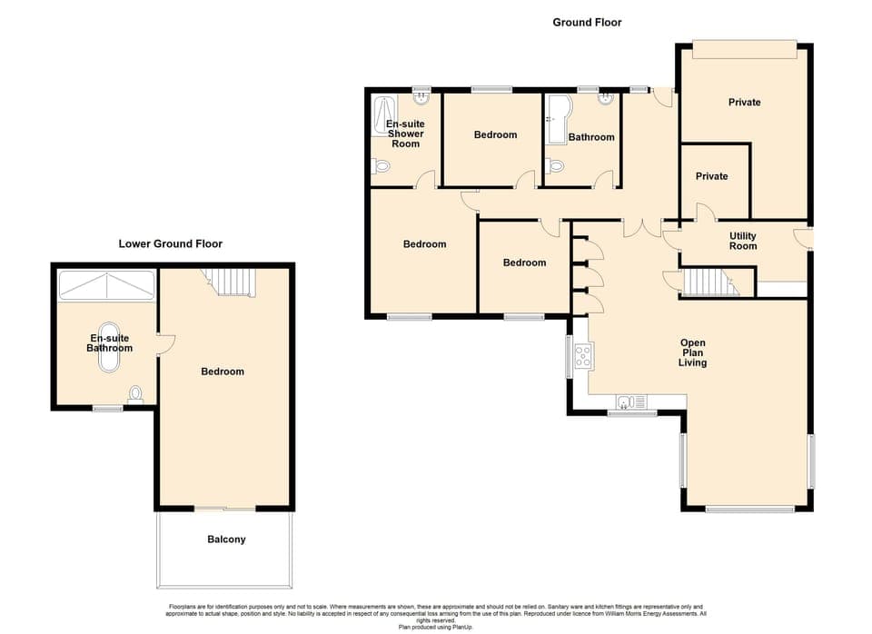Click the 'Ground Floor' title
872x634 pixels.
(587, 22)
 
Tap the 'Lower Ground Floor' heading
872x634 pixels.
(171, 243)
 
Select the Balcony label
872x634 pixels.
(226, 540)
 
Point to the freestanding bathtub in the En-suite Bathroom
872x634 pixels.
(110, 348)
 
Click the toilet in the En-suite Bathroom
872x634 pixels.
(136, 394)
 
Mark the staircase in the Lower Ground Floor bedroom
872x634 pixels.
(231, 282)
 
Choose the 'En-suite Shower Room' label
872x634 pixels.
(405, 134)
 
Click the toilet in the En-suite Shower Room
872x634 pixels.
(381, 167)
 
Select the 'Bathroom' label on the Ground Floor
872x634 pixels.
(591, 137)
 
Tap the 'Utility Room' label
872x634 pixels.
(743, 241)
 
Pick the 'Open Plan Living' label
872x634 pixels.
(693, 352)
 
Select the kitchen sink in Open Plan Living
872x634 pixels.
(628, 401)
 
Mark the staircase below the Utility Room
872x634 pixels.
(709, 282)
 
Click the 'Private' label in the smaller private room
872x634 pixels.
(711, 176)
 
